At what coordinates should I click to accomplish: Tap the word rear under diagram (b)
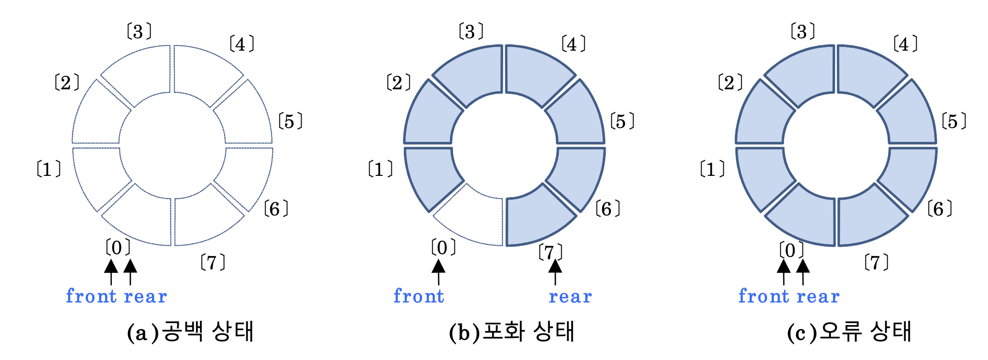click(570, 296)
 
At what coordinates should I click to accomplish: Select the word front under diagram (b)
click(419, 296)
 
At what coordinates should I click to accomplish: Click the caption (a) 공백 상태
click(190, 331)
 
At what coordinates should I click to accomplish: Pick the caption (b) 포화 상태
click(511, 331)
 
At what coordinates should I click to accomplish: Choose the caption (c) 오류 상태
click(849, 331)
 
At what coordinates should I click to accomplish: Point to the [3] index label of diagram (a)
click(139, 32)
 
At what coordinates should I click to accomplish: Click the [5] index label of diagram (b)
click(622, 122)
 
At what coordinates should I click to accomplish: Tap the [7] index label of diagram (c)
click(876, 262)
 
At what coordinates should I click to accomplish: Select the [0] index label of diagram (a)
click(118, 248)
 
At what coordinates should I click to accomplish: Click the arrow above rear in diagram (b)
click(555, 272)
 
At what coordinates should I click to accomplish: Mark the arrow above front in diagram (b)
click(438, 272)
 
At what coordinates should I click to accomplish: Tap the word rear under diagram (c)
click(818, 296)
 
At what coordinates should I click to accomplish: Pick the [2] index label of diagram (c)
click(730, 83)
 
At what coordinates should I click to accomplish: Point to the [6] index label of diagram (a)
click(276, 209)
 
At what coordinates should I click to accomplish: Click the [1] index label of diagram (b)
click(380, 169)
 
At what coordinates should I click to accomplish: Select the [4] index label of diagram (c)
click(905, 44)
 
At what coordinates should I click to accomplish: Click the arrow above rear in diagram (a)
click(130, 272)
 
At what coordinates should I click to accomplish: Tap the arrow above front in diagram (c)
click(784, 272)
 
